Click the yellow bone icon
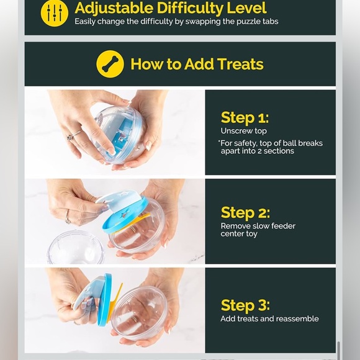[110, 64]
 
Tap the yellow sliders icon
[55, 13]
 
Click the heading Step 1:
[245, 118]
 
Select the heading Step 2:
[245, 213]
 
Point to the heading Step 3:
[245, 305]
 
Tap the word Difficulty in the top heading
[189, 8]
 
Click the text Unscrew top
[243, 131]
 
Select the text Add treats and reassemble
[269, 318]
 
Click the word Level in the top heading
[246, 8]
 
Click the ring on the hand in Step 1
[74, 135]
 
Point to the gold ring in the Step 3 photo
[134, 320]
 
